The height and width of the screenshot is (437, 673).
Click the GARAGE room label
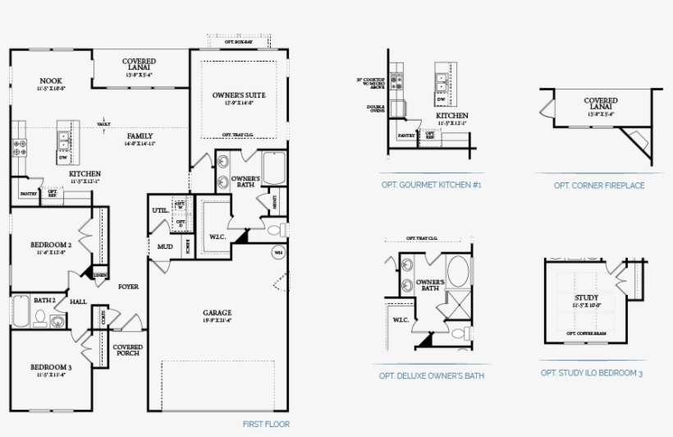(217, 312)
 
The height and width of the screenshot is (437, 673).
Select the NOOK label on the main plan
(51, 80)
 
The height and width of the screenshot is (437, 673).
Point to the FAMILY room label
(140, 136)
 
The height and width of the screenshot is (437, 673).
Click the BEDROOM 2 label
(51, 245)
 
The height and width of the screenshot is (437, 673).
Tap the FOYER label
(128, 287)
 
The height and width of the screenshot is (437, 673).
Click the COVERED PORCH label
(127, 350)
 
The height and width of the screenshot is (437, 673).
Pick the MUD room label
(164, 246)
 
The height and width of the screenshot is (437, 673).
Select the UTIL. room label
(160, 210)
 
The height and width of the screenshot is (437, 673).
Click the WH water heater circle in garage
(278, 251)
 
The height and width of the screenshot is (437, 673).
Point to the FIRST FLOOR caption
(266, 425)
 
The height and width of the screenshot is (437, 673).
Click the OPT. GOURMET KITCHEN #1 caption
(431, 186)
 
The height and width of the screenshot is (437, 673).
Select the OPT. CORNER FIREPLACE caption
(599, 186)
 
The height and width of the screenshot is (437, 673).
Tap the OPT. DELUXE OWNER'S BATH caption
(431, 375)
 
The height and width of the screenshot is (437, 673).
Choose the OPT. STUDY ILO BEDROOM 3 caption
(592, 373)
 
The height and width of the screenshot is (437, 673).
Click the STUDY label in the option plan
(586, 297)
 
